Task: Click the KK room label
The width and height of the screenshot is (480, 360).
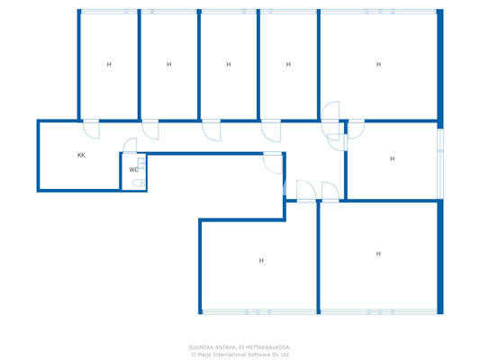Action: click(x=81, y=155)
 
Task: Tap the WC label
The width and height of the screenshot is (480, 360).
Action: click(x=133, y=169)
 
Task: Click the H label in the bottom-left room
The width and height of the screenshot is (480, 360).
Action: click(x=261, y=261)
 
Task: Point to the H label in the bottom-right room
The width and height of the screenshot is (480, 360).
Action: click(x=378, y=254)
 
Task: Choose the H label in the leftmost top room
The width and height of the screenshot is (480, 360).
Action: click(x=109, y=65)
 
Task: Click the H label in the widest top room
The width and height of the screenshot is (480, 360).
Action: click(x=378, y=65)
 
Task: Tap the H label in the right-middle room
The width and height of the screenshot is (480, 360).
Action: click(x=393, y=158)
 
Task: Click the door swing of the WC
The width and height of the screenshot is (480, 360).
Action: click(x=131, y=145)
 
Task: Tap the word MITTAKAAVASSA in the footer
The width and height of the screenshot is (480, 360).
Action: click(x=268, y=346)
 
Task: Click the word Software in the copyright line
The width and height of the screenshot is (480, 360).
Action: click(x=258, y=354)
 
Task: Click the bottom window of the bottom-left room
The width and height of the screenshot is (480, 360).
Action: click(x=258, y=312)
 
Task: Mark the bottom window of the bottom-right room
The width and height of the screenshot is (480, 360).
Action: click(x=379, y=312)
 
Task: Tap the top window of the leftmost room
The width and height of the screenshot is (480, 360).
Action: click(x=109, y=12)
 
